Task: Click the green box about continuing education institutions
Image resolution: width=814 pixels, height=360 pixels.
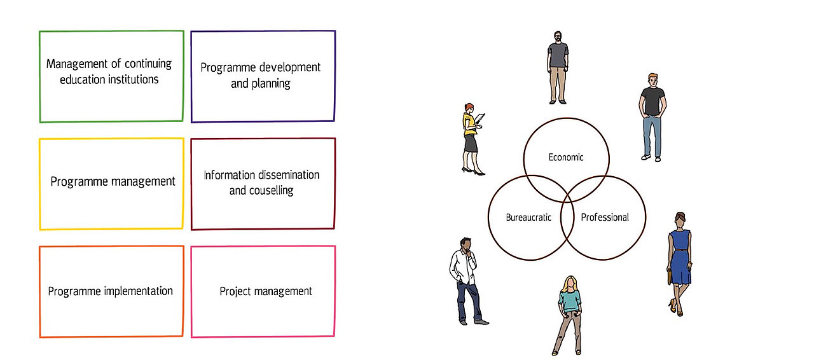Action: tap(111, 76)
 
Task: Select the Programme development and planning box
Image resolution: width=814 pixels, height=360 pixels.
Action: tap(263, 76)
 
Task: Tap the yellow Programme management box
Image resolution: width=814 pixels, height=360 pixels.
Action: tap(111, 183)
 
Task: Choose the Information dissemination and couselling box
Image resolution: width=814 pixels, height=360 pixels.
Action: tap(263, 183)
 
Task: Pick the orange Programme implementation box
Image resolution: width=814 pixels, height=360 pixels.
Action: tap(111, 291)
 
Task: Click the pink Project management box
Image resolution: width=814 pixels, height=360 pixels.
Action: tap(263, 291)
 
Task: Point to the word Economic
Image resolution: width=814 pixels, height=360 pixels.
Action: tap(565, 157)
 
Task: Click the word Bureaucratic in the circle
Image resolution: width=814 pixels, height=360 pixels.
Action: tap(528, 218)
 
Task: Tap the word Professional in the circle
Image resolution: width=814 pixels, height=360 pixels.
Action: tap(605, 218)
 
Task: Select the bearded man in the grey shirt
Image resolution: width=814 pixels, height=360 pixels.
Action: tap(558, 66)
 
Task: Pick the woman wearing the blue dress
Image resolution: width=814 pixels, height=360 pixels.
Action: tap(679, 261)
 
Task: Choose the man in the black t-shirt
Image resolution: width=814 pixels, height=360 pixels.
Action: tap(652, 114)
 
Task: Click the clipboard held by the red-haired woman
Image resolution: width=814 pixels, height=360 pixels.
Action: tap(480, 120)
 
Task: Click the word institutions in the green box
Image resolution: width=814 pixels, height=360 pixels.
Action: tap(127, 80)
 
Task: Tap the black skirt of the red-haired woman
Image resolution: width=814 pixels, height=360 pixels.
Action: tap(470, 143)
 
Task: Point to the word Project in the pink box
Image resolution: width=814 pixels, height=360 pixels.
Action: tap(235, 291)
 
